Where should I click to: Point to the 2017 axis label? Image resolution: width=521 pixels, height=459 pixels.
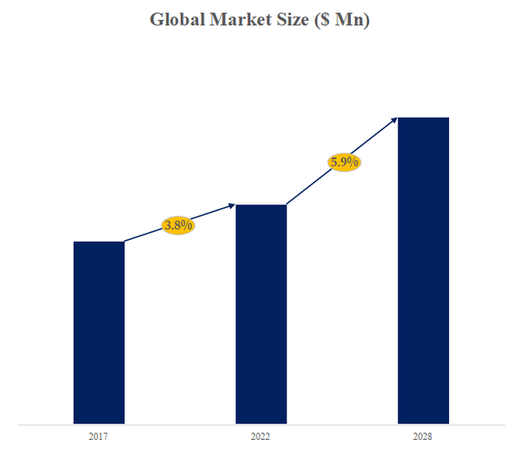pyautogui.click(x=98, y=436)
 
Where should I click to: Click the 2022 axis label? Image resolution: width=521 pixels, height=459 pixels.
pyautogui.click(x=261, y=436)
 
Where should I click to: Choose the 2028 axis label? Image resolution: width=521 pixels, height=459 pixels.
pyautogui.click(x=423, y=436)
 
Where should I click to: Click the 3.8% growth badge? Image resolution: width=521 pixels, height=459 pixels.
pyautogui.click(x=178, y=225)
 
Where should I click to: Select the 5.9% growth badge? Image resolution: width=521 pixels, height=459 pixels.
pyautogui.click(x=343, y=162)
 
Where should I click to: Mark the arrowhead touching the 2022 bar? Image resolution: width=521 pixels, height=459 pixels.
pyautogui.click(x=232, y=205)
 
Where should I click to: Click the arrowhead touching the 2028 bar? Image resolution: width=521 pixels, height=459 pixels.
pyautogui.click(x=395, y=119)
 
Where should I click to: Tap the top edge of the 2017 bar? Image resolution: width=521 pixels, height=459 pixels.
pyautogui.click(x=99, y=242)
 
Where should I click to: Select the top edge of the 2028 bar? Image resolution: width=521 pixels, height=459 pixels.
pyautogui.click(x=423, y=117)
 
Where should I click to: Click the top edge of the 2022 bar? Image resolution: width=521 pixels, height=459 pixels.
pyautogui.click(x=261, y=205)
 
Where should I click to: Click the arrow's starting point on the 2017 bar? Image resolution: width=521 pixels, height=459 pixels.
pyautogui.click(x=124, y=241)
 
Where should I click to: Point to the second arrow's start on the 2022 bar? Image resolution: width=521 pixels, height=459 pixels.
pyautogui.click(x=287, y=205)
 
